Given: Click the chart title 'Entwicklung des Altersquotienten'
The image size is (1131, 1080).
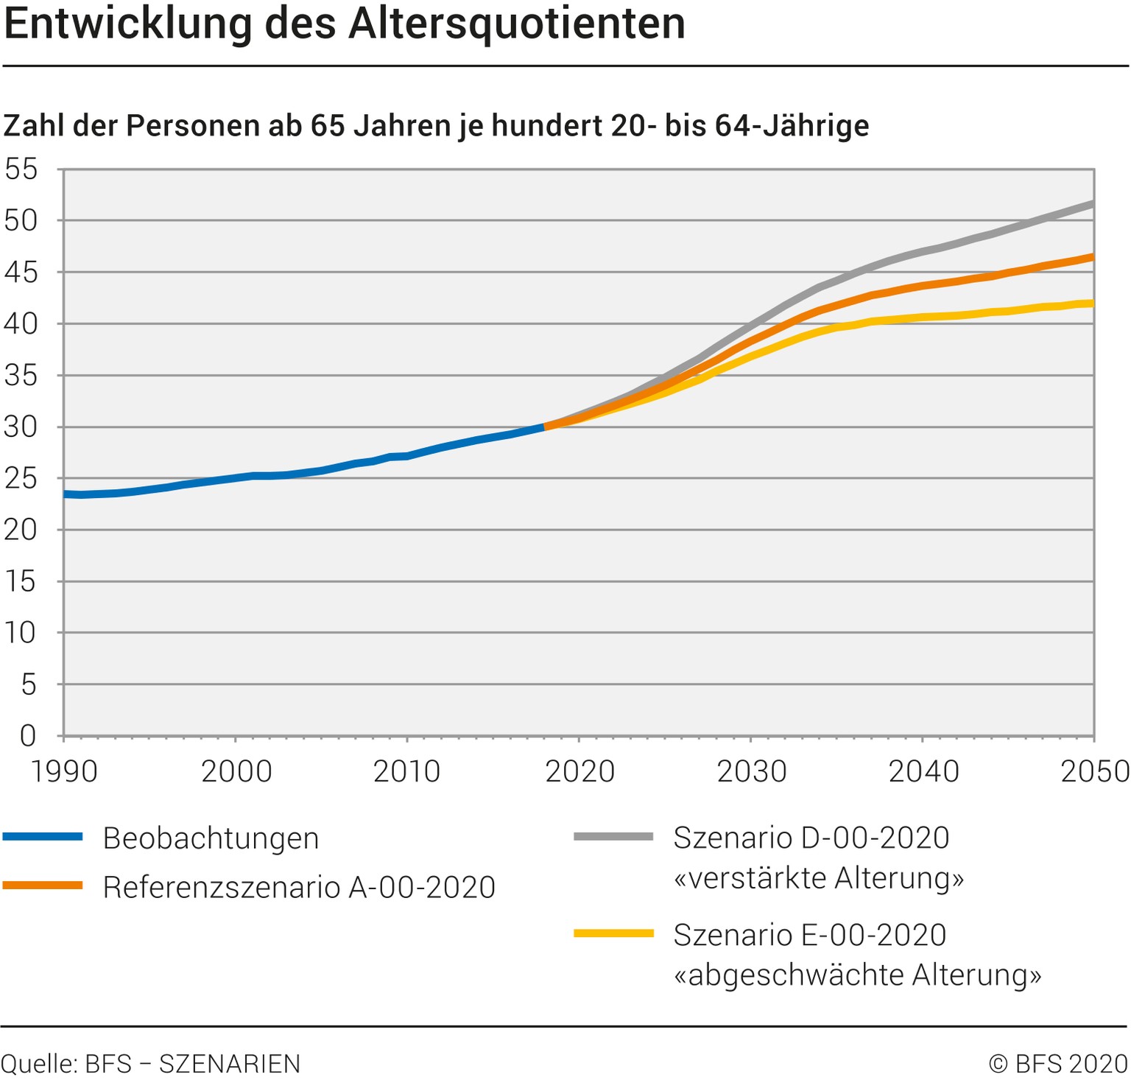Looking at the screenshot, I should point(345,24).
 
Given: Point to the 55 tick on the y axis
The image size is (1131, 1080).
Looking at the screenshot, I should point(21,169).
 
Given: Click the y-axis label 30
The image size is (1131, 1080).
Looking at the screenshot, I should point(21,427).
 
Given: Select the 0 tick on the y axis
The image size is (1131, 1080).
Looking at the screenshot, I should point(28,735).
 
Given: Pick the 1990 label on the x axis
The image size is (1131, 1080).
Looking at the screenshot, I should point(64,771).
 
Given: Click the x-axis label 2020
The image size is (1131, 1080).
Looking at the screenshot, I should point(579,771).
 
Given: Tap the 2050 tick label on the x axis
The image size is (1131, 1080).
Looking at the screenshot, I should point(1095,771).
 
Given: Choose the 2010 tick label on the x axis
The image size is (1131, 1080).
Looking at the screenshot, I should point(407,771).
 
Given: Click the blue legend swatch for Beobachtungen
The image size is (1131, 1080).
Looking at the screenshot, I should point(43,836).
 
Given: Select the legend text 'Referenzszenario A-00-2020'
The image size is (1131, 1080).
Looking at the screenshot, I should point(299,887).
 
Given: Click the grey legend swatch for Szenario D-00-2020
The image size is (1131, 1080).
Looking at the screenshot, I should point(613,836).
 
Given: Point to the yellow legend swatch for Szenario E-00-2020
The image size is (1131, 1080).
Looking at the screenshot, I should point(613,933).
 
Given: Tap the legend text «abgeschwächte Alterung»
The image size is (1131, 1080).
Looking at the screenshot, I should point(857,975).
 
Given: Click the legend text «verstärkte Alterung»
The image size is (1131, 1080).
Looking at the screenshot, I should point(818,877).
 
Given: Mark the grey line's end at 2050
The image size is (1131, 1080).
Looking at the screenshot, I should point(1093,204).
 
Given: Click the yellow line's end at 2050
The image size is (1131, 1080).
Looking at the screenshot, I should point(1093,303).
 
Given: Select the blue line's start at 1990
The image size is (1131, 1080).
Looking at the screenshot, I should point(66,494).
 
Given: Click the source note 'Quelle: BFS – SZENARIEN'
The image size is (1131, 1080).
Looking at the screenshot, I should point(151,1064).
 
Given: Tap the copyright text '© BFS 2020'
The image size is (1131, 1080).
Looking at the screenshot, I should point(1058,1064).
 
